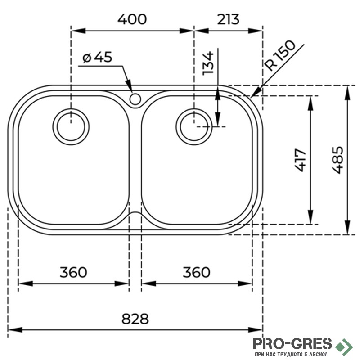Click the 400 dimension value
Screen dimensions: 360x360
coord(132,19)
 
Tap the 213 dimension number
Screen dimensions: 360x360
coord(228,19)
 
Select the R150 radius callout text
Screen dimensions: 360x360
coord(279,55)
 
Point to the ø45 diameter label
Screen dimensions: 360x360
coord(97,57)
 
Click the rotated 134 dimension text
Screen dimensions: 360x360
coord(208,63)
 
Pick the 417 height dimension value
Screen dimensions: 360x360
coord(300,160)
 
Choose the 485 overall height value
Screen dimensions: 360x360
coord(337,160)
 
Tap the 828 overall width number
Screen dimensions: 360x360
coord(135,319)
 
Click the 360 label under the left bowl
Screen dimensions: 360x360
coord(73,272)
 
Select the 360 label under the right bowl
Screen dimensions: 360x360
coord(196,272)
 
